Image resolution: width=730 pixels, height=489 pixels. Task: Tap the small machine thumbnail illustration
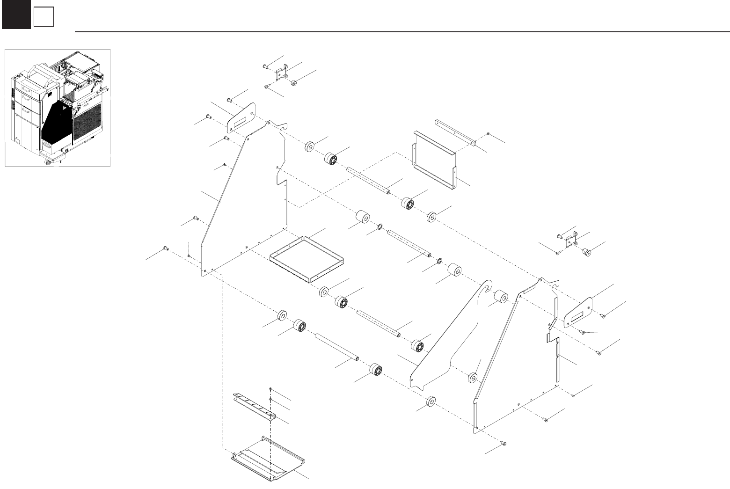point(58,107)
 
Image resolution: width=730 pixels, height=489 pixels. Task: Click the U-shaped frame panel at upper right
point(434,161)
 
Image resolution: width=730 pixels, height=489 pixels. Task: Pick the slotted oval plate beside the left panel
point(241,117)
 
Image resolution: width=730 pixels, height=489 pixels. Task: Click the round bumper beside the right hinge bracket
point(585,253)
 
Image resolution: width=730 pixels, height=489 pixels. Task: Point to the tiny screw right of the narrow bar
point(488,134)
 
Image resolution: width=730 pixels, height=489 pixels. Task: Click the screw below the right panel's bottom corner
point(503,443)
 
